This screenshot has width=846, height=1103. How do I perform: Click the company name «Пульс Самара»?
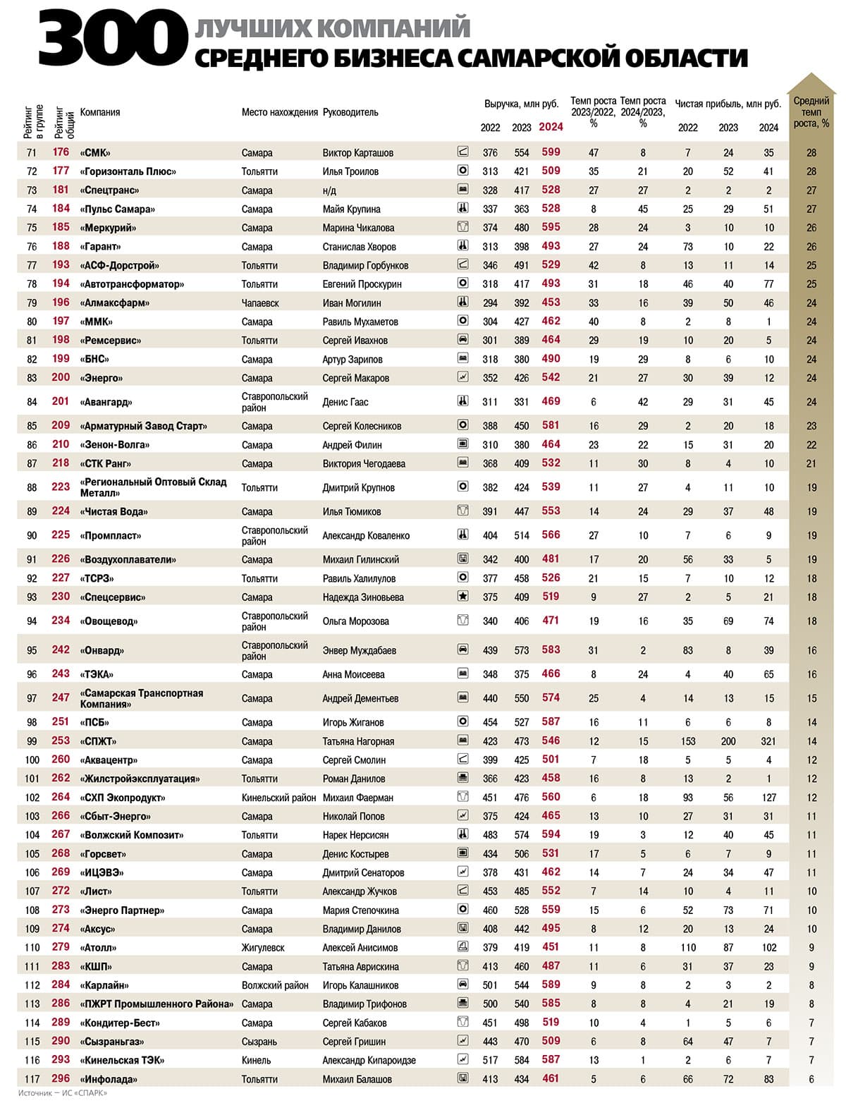click(x=118, y=209)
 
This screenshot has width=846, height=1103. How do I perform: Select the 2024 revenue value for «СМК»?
click(x=551, y=152)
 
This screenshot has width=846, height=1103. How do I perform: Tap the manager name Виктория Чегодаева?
click(x=364, y=463)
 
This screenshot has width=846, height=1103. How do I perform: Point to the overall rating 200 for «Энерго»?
click(x=61, y=377)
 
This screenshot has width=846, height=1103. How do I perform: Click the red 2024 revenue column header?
click(x=551, y=127)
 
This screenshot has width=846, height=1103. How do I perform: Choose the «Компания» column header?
click(x=100, y=112)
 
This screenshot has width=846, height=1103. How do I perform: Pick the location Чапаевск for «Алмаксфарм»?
click(x=260, y=303)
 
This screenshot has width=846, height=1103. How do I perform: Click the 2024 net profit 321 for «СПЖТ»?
click(x=768, y=741)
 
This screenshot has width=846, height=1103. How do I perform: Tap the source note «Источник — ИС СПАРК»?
click(x=63, y=1093)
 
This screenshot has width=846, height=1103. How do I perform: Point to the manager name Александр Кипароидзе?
click(x=369, y=1060)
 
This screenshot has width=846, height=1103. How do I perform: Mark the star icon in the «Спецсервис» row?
click(x=463, y=597)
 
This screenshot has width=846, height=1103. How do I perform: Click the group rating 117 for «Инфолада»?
click(x=32, y=1079)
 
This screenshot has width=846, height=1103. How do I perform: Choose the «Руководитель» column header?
click(x=350, y=112)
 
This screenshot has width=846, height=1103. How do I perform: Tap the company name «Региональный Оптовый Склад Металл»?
click(x=153, y=487)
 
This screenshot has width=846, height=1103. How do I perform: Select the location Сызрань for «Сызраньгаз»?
click(x=259, y=1042)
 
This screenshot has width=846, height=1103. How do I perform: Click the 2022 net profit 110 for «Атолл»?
click(x=687, y=948)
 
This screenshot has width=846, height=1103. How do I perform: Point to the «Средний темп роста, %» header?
click(x=811, y=111)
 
